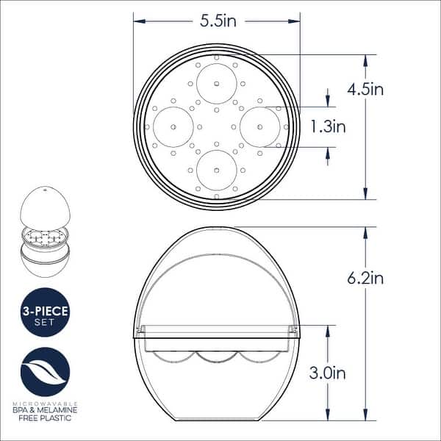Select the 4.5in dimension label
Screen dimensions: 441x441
(x=365, y=90)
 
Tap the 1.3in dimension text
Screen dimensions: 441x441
(x=328, y=126)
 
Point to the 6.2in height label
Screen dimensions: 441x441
(x=365, y=278)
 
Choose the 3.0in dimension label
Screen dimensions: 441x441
(x=328, y=373)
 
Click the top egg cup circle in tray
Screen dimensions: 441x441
(x=217, y=83)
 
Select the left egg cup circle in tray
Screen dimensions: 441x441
(x=173, y=126)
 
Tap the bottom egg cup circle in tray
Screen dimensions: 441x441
(x=217, y=171)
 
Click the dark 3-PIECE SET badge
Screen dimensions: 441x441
(x=45, y=312)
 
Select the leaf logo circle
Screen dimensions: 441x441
(x=46, y=372)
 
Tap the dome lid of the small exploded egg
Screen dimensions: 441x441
(x=45, y=207)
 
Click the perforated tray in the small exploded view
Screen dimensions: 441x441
(x=45, y=237)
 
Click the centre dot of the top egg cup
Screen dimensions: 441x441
(x=217, y=83)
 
